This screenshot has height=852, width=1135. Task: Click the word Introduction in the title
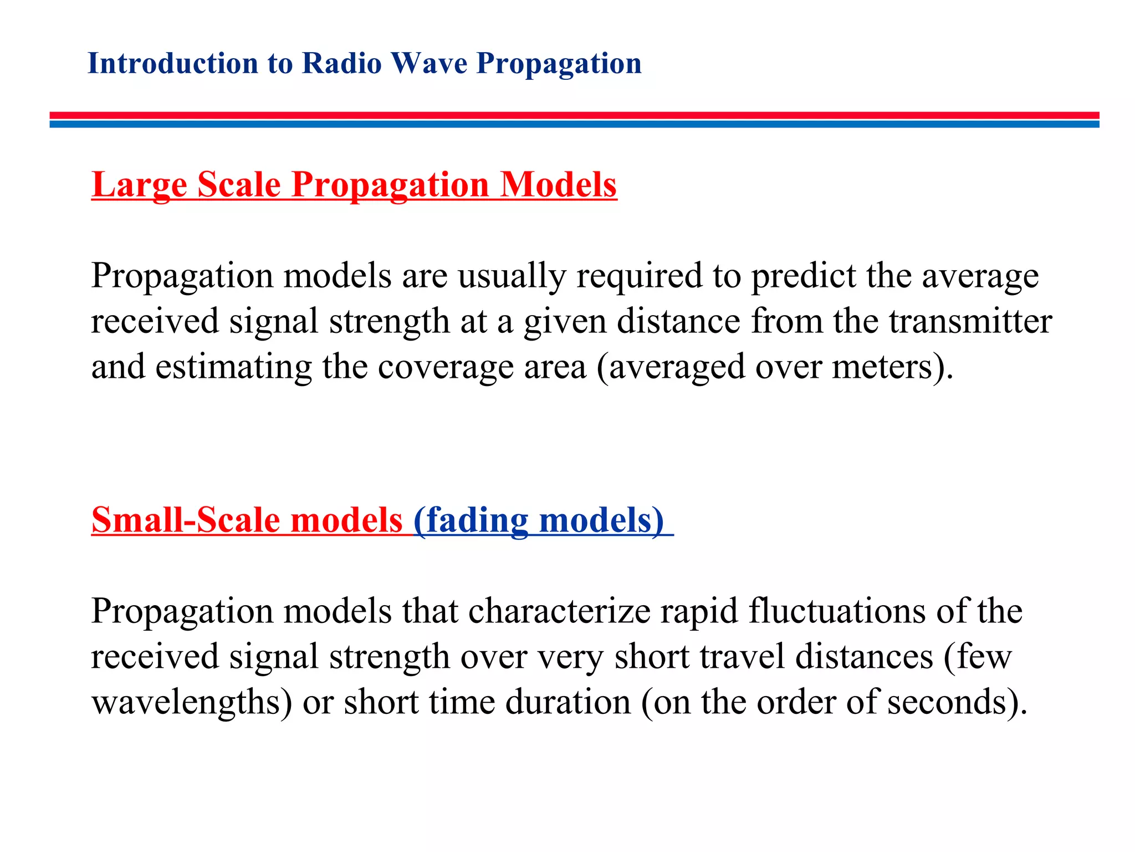173,63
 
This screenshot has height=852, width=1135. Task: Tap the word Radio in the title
342,63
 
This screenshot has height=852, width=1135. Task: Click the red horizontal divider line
574,115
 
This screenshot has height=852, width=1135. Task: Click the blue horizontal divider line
574,124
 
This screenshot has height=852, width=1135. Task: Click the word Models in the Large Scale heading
558,185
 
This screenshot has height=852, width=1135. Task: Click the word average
980,276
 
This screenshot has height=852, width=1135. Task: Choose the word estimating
233,367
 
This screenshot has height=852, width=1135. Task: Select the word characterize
559,611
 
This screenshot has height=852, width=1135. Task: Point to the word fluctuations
837,611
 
